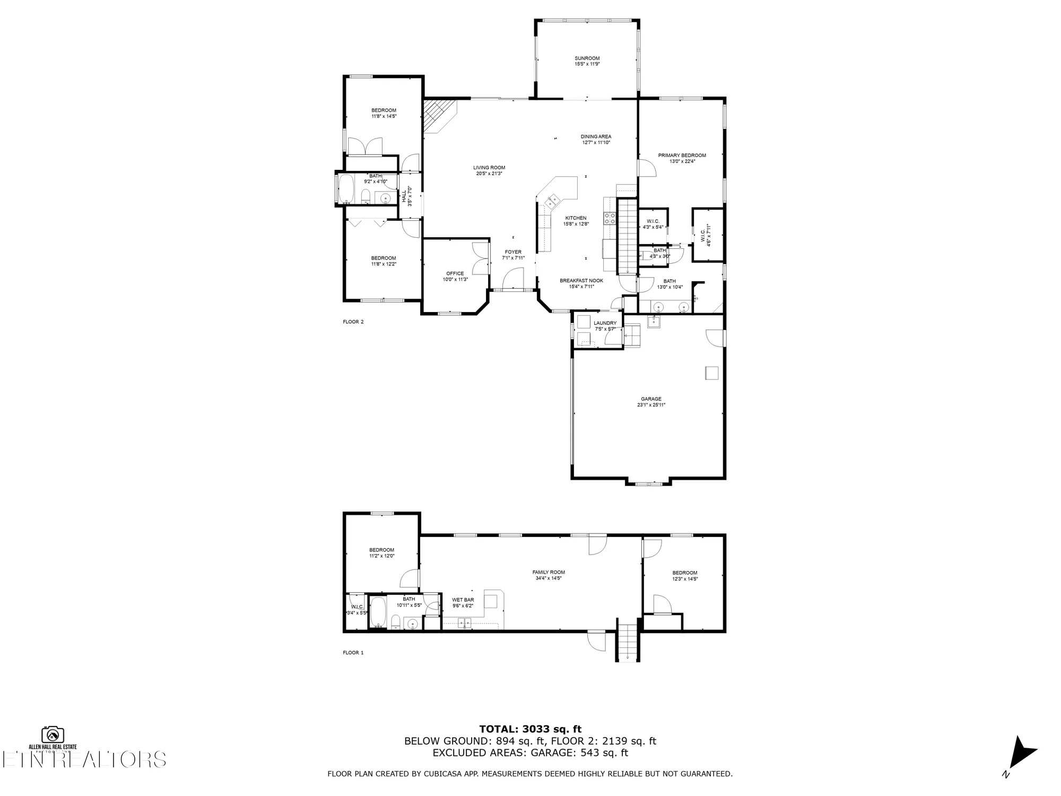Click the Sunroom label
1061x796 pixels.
coord(587,58)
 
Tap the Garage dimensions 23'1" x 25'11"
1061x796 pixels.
coord(651,405)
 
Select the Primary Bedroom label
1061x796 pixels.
coord(682,155)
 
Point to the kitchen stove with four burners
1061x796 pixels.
coord(610,219)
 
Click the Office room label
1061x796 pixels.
coord(455,273)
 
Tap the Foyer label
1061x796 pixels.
coord(513,252)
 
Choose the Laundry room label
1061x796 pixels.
coord(605,323)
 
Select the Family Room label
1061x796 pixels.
coord(549,572)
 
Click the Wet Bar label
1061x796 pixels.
coord(463,600)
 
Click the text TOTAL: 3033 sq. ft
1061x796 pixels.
coord(530,729)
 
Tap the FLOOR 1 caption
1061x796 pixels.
coord(353,653)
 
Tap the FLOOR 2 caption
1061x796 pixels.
coord(353,322)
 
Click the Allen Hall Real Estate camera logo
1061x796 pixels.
coord(53,734)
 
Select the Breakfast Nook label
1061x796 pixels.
coord(581,281)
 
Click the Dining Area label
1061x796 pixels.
coord(596,136)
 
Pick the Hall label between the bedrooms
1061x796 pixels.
coord(404,196)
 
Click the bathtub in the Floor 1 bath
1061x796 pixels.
coord(378,612)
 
